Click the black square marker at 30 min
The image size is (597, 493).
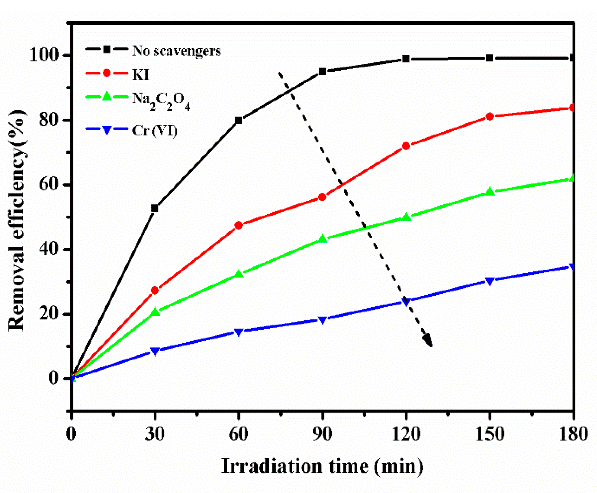pyautogui.click(x=155, y=208)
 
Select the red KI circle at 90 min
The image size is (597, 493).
pyautogui.click(x=322, y=197)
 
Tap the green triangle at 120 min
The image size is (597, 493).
pyautogui.click(x=406, y=217)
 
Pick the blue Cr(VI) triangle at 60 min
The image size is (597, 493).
pyautogui.click(x=239, y=332)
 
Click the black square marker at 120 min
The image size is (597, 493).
pyautogui.click(x=406, y=59)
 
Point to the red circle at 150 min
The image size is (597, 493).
pyautogui.click(x=490, y=116)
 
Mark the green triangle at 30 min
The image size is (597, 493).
pyautogui.click(x=155, y=312)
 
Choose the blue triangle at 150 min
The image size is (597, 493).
pyautogui.click(x=490, y=281)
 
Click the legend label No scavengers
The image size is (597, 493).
pyautogui.click(x=176, y=51)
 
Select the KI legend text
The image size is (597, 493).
pyautogui.click(x=141, y=75)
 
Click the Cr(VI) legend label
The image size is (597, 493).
pyautogui.click(x=155, y=131)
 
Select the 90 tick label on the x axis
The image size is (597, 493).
pyautogui.click(x=322, y=434)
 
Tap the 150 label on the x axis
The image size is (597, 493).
pyautogui.click(x=490, y=434)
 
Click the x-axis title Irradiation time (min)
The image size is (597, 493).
pyautogui.click(x=322, y=466)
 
